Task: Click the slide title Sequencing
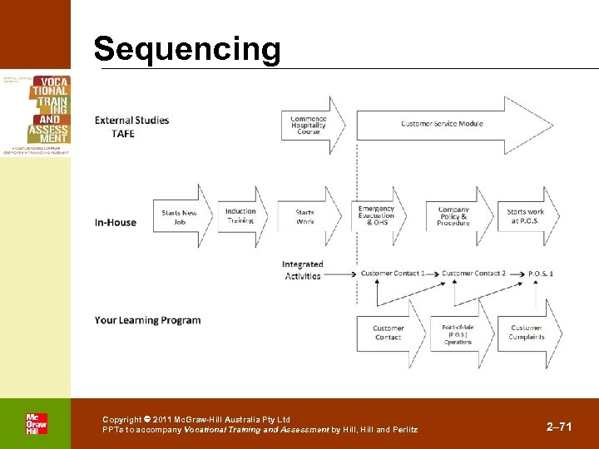187,49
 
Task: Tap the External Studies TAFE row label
131,126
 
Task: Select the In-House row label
116,222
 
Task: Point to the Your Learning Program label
147,320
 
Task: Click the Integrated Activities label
302,270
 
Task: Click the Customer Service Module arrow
441,124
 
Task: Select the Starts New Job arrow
180,217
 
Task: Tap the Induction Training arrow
241,216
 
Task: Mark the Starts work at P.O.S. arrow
527,216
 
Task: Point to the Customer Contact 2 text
473,274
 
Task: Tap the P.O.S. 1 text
541,274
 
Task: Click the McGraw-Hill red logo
36,423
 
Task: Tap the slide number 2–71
559,427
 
